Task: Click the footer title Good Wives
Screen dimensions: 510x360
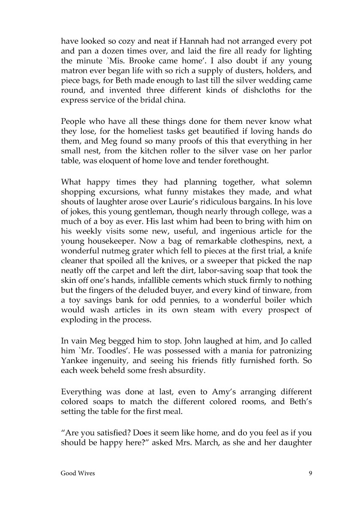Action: coord(78,473)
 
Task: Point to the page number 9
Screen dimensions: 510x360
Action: coord(310,473)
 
